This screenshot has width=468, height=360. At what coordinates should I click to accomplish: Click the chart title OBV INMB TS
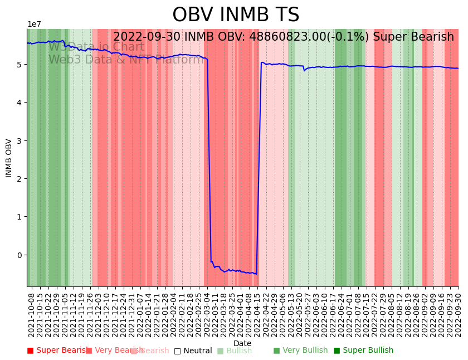tap(236, 15)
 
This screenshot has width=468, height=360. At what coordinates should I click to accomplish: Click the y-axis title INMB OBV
tap(9, 158)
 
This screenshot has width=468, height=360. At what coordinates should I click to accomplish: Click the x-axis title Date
tap(242, 343)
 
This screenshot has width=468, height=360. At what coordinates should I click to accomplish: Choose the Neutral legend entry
tap(193, 351)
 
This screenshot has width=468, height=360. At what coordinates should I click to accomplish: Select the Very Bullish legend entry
tap(300, 351)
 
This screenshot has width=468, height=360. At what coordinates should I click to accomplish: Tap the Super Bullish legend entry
tap(363, 351)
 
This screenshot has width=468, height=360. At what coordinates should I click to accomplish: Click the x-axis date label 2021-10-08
tap(32, 314)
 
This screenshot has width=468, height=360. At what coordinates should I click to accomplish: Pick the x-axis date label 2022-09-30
tap(459, 314)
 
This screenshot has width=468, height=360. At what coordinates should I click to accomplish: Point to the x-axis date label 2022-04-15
tap(257, 314)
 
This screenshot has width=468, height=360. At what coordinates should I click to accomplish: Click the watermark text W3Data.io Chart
tap(96, 47)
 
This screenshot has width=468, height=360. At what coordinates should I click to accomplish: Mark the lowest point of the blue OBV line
tap(256, 274)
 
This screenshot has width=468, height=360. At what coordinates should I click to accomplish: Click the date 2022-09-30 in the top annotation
tap(147, 37)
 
